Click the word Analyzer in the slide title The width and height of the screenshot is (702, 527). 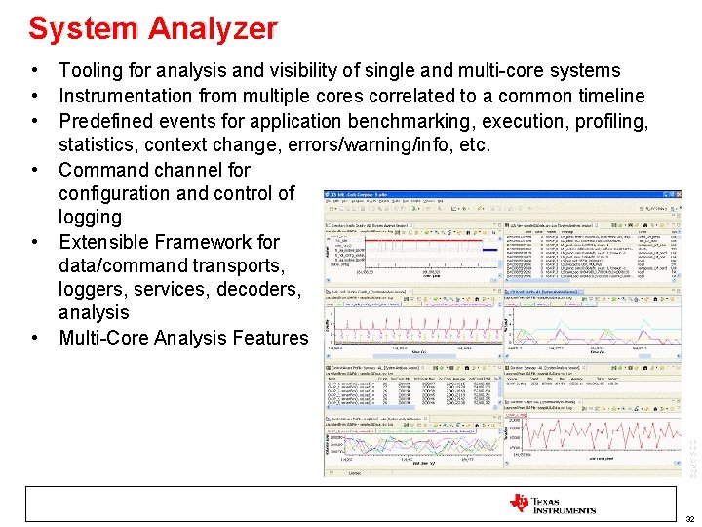[x=213, y=29]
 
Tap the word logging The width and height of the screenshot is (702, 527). [x=90, y=218]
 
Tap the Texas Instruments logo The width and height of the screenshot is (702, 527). [x=552, y=504]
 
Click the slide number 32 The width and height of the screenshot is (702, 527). [x=689, y=520]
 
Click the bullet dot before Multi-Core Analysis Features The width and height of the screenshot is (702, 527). [x=35, y=338]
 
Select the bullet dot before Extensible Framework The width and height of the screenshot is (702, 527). [x=35, y=242]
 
